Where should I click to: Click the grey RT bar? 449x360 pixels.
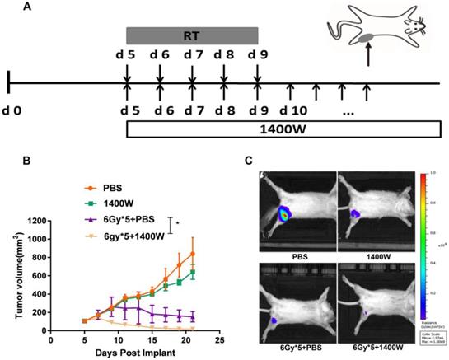(192, 35)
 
